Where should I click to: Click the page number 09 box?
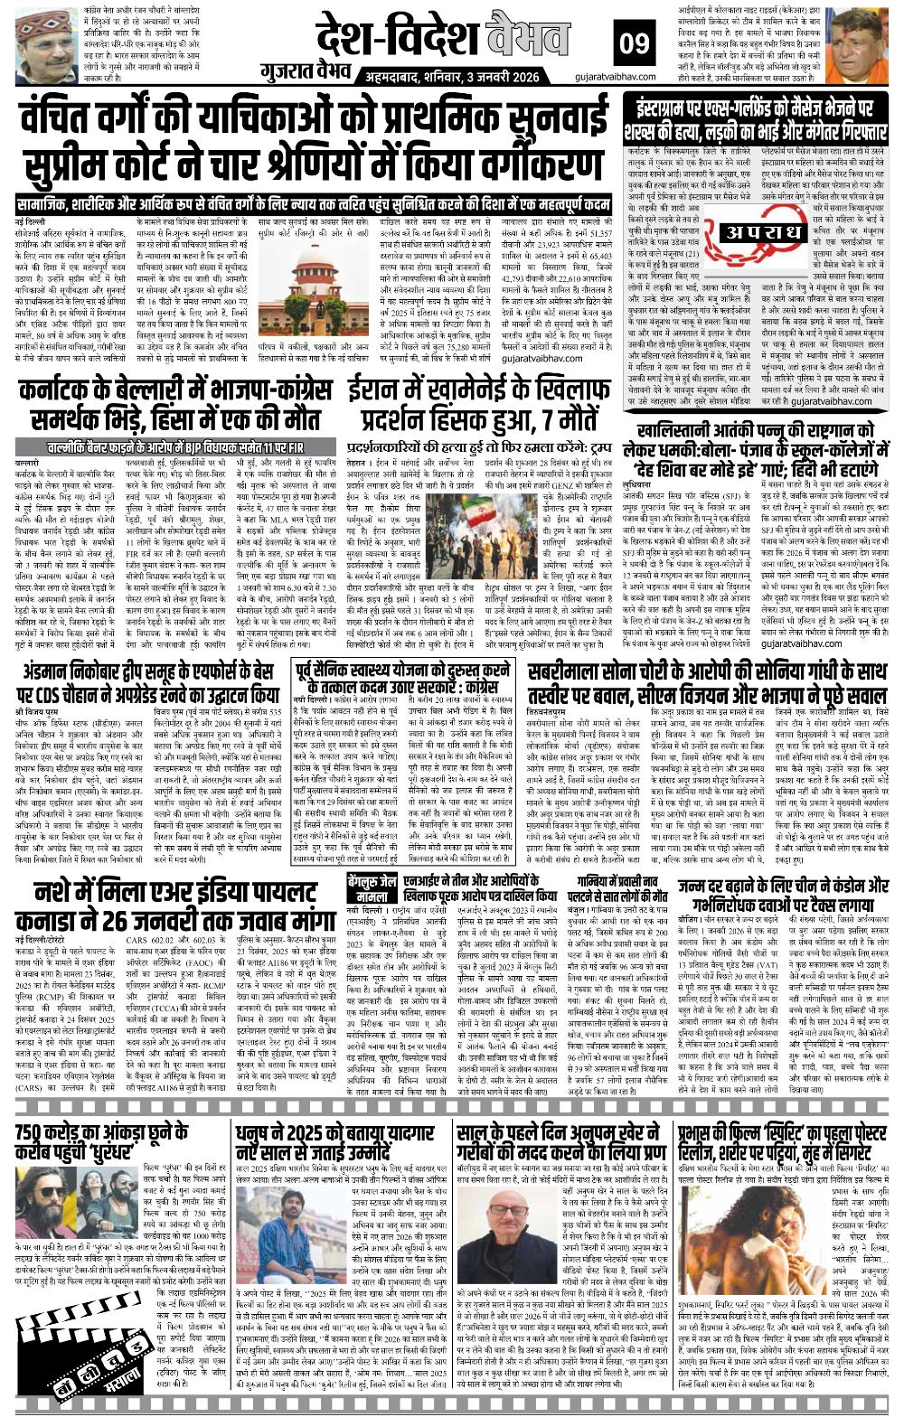pos(630,42)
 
